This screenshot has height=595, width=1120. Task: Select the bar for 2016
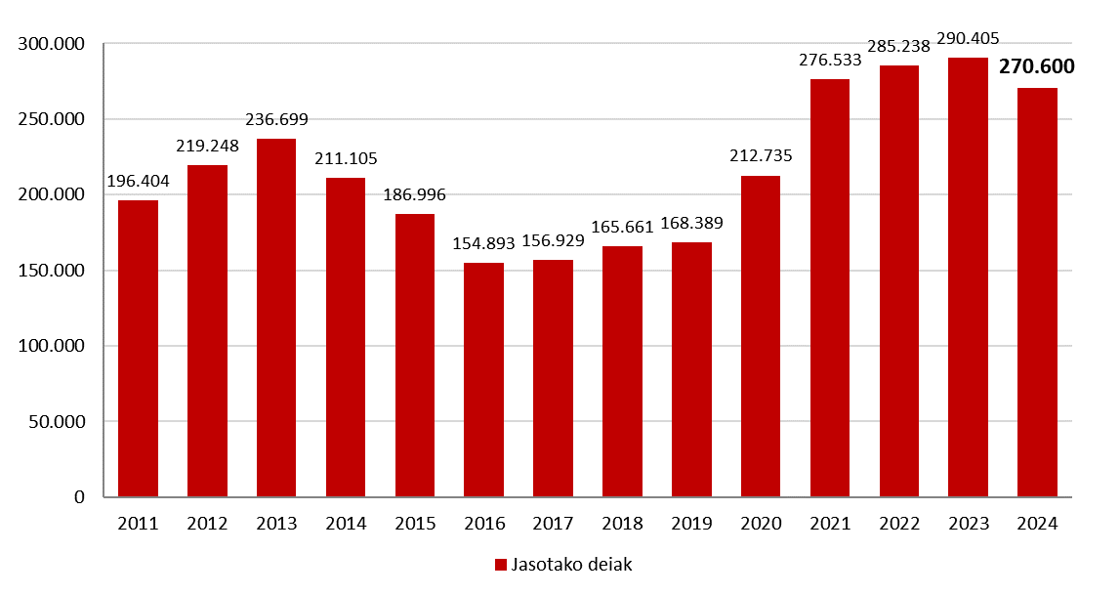click(x=483, y=380)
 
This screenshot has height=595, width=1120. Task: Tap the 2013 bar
click(x=276, y=318)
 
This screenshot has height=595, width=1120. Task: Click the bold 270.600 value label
click(x=1036, y=67)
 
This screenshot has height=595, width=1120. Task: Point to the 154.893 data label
click(x=483, y=244)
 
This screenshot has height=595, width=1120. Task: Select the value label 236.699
click(x=276, y=120)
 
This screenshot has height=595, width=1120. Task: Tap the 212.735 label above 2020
click(x=761, y=156)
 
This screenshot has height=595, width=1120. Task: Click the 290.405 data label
click(x=968, y=39)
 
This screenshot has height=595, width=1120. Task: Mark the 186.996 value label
click(x=414, y=194)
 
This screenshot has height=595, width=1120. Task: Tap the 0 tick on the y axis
click(x=80, y=497)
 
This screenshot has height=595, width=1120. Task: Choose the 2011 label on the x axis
click(x=138, y=524)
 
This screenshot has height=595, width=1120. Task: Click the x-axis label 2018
click(x=622, y=524)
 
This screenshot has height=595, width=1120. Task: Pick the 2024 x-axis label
click(x=1036, y=524)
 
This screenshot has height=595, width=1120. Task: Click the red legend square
click(x=501, y=566)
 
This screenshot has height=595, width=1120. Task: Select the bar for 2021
click(x=830, y=288)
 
